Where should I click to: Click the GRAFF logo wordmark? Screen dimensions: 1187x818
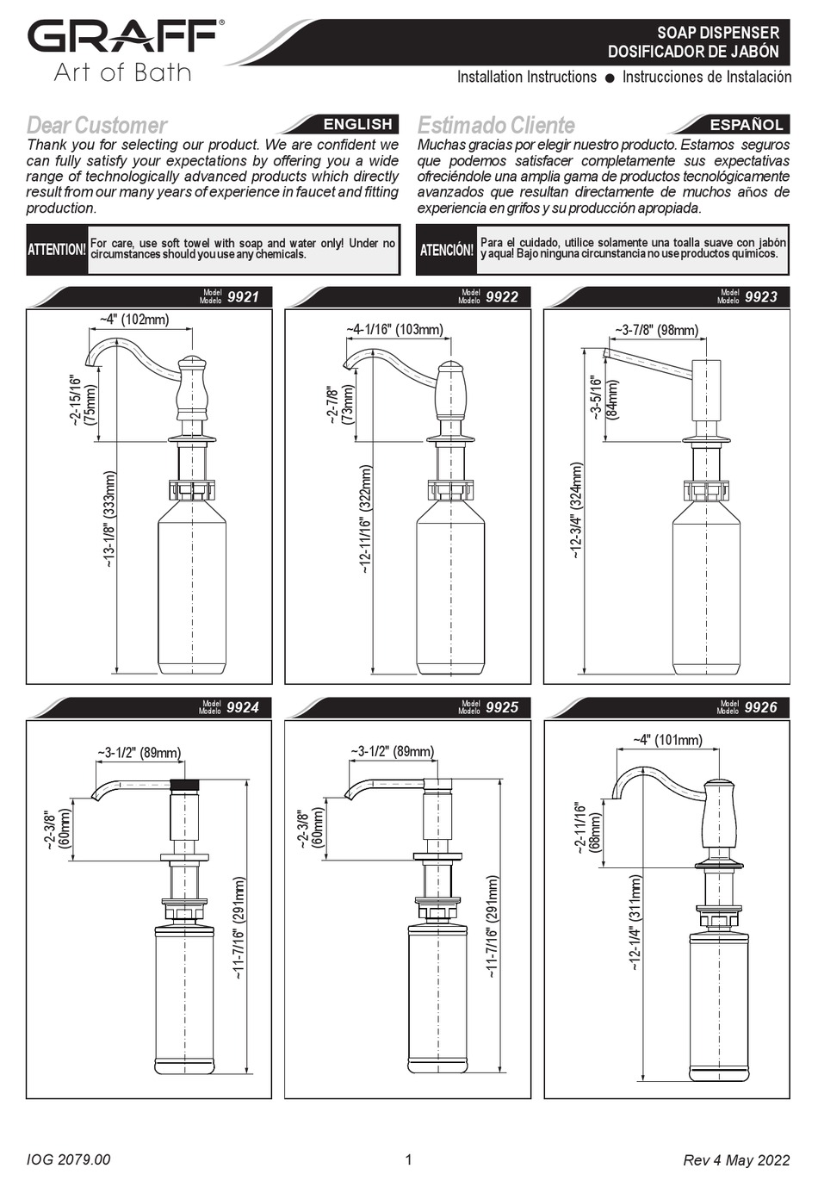tap(122, 38)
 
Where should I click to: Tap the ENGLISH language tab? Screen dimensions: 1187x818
tap(357, 124)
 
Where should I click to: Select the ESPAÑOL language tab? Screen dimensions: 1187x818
tap(746, 124)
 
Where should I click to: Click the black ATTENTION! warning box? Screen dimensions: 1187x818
tap(57, 250)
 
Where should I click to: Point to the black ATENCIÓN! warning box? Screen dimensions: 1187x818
tap(446, 250)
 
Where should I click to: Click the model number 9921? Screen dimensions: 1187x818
tap(243, 297)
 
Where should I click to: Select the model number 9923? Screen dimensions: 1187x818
tap(760, 297)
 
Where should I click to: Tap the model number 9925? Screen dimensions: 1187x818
tap(502, 707)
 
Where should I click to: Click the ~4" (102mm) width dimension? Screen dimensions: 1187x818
tap(133, 320)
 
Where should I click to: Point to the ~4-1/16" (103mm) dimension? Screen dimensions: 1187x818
tap(394, 330)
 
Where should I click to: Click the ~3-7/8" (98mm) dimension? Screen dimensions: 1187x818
tap(656, 331)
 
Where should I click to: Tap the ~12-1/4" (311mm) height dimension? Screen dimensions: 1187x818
tap(635, 923)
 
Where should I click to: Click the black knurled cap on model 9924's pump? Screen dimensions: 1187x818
tap(185, 786)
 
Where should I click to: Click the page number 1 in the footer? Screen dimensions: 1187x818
tap(408, 1159)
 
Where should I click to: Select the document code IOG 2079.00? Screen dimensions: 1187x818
tap(68, 1160)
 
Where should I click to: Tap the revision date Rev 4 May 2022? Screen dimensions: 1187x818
tap(735, 1160)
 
